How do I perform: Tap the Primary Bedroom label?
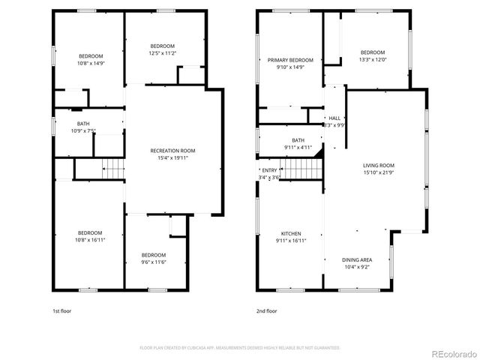pos(290,60)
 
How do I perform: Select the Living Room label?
pos(379,165)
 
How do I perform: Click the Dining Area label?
pos(357,259)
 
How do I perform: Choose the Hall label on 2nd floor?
pos(334,118)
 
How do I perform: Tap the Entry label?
pos(269,170)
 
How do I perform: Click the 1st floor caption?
pos(61,310)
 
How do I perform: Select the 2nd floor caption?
pos(267,310)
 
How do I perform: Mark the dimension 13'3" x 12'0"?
pos(373,60)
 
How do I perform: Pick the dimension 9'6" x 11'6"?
pos(154,262)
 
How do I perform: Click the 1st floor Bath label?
pos(82,124)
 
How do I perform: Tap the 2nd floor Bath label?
pos(298,140)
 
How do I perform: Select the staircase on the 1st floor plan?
pos(113,170)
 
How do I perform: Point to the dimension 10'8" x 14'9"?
pos(91,64)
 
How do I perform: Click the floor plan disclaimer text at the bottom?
pos(240,348)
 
